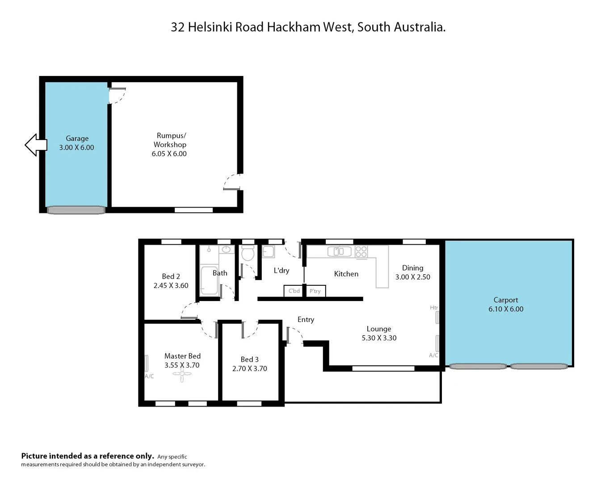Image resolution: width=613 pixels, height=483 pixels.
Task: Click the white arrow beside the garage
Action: pyautogui.click(x=35, y=145)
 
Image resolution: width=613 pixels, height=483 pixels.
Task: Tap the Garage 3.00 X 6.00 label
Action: pyautogui.click(x=77, y=143)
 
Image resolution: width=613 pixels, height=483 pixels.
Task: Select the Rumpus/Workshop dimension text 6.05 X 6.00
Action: pyautogui.click(x=169, y=154)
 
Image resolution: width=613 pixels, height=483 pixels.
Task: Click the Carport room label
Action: pyautogui.click(x=506, y=300)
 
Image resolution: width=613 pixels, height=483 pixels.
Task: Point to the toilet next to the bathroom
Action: pyautogui.click(x=248, y=254)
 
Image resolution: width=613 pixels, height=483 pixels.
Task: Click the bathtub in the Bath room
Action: pyautogui.click(x=208, y=281)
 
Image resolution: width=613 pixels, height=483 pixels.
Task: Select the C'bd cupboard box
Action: pyautogui.click(x=294, y=291)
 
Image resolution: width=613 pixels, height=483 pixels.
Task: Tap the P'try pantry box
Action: pyautogui.click(x=315, y=291)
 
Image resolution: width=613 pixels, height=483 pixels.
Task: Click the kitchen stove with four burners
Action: pyautogui.click(x=361, y=252)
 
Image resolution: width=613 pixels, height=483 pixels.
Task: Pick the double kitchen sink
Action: pyautogui.click(x=339, y=251)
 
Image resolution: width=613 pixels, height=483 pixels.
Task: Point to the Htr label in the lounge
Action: pyautogui.click(x=434, y=308)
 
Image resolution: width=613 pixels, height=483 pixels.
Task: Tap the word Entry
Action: pyautogui.click(x=306, y=320)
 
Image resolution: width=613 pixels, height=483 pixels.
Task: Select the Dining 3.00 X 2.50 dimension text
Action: pyautogui.click(x=412, y=277)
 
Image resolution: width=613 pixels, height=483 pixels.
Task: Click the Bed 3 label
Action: pyautogui.click(x=249, y=360)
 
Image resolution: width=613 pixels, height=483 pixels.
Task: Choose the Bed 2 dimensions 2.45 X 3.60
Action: pyautogui.click(x=171, y=286)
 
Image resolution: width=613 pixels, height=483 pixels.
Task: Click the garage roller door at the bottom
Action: pyautogui.click(x=76, y=210)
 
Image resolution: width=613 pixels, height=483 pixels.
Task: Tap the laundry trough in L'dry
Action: pyautogui.click(x=268, y=252)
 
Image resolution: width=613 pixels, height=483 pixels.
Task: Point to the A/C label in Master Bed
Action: pyautogui.click(x=149, y=377)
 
